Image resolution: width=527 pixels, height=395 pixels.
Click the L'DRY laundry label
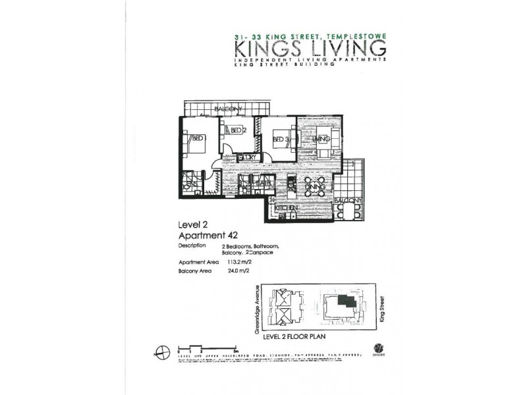(247, 157)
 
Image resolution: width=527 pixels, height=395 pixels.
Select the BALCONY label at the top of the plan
(228, 109)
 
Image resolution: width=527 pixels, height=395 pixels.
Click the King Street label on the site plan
(383, 309)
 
